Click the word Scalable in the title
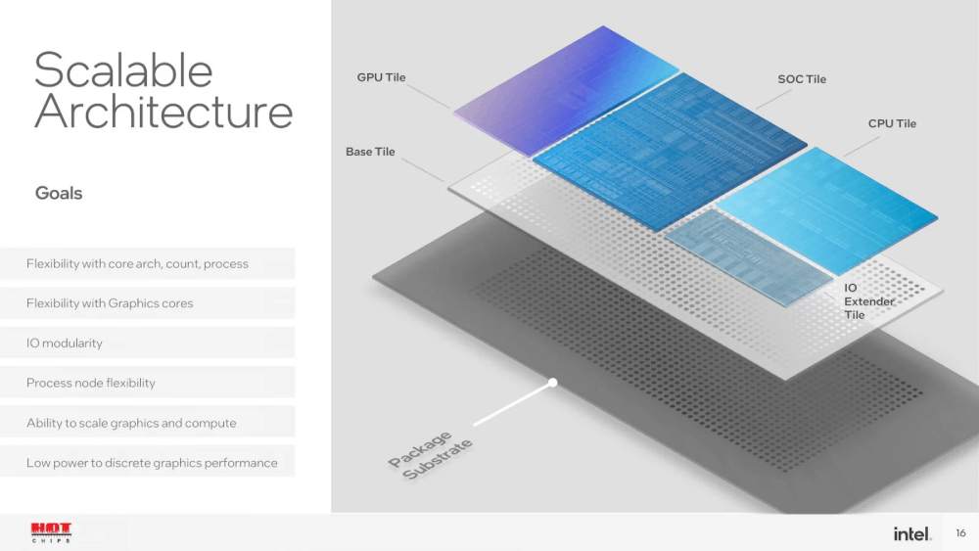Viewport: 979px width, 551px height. click(123, 70)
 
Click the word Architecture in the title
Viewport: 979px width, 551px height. click(163, 112)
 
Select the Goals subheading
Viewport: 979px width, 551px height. click(59, 193)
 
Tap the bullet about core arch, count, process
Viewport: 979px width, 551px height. click(137, 263)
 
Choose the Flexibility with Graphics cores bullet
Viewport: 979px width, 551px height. click(110, 303)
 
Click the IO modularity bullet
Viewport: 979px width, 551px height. click(65, 344)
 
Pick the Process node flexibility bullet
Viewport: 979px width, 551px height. click(91, 383)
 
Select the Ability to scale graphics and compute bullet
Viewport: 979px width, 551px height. click(131, 423)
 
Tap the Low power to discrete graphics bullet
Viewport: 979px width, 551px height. click(152, 463)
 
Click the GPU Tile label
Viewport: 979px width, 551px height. click(381, 77)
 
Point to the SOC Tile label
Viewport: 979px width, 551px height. click(802, 79)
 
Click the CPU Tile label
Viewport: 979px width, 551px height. click(892, 123)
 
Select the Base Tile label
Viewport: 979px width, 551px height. click(370, 152)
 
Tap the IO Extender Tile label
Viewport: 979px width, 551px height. click(868, 301)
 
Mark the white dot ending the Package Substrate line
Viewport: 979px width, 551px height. click(552, 383)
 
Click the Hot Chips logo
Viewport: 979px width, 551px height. click(51, 532)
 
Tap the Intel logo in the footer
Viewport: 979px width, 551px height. click(911, 533)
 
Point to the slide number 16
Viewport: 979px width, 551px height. click(960, 533)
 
